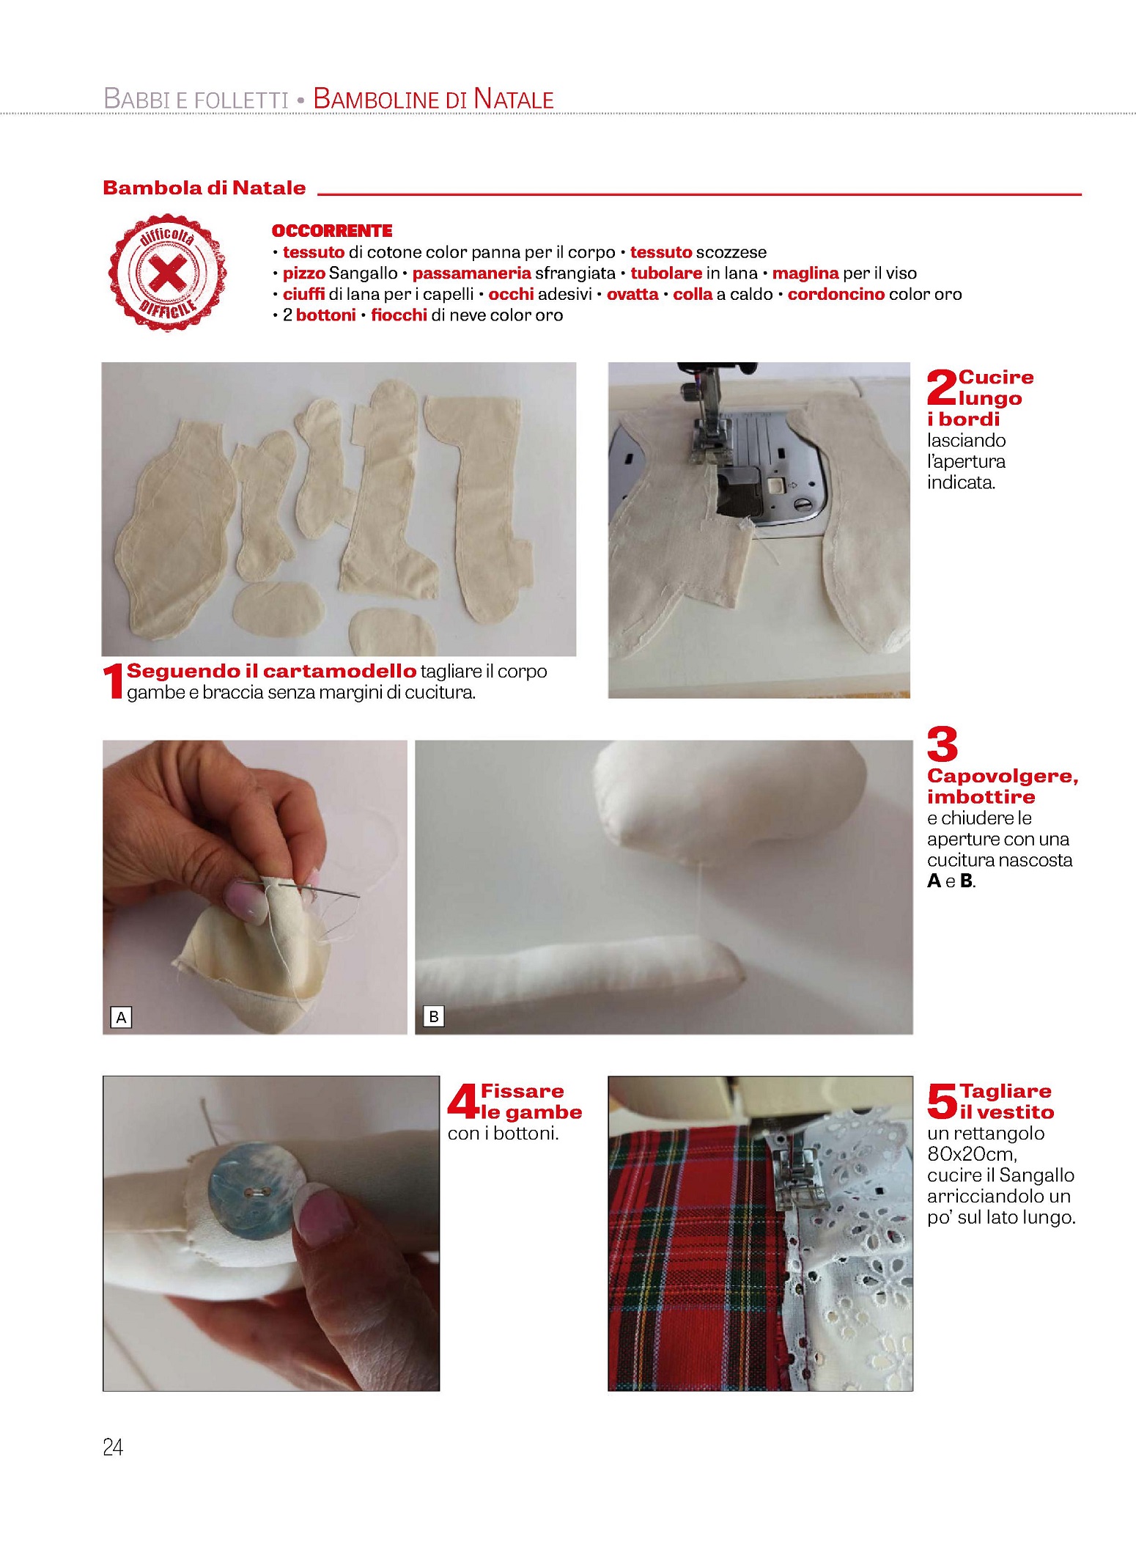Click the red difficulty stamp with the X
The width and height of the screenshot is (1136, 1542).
[x=168, y=272]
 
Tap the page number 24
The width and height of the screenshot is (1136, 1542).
[x=113, y=1447]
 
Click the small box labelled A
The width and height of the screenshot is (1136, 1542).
[x=121, y=1017]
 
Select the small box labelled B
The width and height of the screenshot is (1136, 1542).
[x=434, y=1016]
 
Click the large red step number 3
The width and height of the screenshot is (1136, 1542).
[x=943, y=744]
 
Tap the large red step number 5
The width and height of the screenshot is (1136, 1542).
[x=943, y=1102]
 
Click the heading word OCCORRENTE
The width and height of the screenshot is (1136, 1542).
[x=332, y=231]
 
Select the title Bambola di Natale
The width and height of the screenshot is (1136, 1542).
[x=204, y=188]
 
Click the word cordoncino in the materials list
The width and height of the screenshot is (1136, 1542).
[x=836, y=294]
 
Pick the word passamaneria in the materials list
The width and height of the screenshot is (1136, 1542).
[x=471, y=273]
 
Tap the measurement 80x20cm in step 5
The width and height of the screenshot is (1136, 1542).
[x=972, y=1154]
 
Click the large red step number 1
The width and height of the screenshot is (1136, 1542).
[x=113, y=681]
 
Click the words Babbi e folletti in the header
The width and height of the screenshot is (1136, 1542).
[x=196, y=99]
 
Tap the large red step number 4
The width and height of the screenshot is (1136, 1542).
[x=463, y=1102]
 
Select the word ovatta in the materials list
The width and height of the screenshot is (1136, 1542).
[x=632, y=294]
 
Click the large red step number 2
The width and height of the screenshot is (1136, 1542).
[x=943, y=387]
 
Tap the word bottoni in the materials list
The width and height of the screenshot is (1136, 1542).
[x=326, y=315]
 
